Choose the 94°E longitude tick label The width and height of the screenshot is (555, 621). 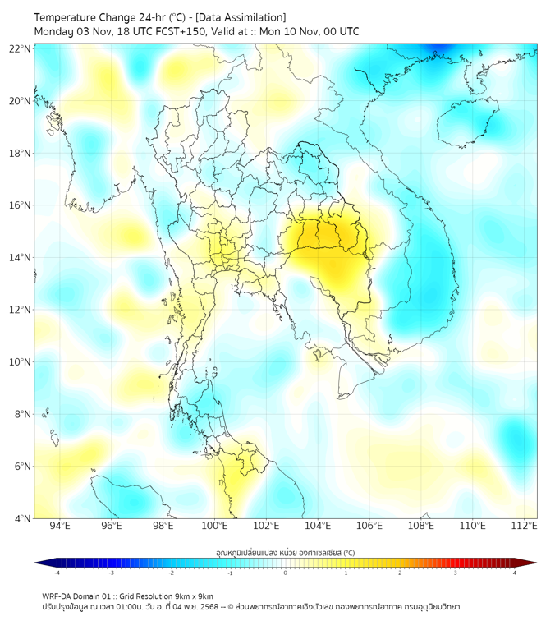coord(60,526)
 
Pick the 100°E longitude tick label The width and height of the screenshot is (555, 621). coord(214,526)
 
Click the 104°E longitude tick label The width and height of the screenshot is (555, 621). coord(318,526)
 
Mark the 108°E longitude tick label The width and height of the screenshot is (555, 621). coord(421,526)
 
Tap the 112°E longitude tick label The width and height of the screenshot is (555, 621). coord(525,526)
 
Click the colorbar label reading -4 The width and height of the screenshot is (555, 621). coord(56,573)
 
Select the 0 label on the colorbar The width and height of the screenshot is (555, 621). coord(286,573)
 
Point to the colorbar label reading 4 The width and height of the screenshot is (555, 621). coord(514,573)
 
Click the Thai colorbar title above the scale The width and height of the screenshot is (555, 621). coord(285,553)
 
